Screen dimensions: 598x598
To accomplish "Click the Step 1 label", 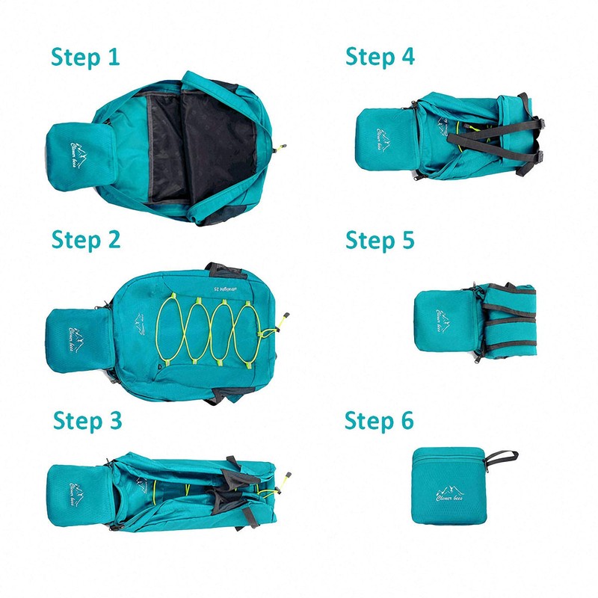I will [85, 57].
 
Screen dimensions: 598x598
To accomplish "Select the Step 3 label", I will [87, 421].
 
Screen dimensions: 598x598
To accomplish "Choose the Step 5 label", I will [380, 240].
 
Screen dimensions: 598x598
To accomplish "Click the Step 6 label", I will [379, 421].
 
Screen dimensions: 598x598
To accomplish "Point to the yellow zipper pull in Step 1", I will [282, 147].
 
